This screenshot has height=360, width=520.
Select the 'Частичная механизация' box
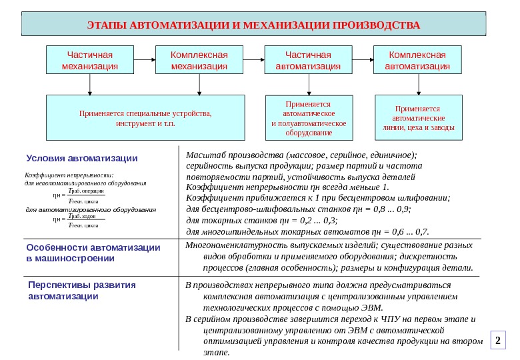coord(89,60)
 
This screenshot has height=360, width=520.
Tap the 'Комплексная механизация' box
coord(199,60)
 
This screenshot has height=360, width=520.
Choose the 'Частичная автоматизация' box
coord(308,60)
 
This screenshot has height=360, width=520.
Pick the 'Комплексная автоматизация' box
coord(417,60)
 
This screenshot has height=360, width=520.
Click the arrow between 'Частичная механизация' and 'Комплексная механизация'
coord(143,60)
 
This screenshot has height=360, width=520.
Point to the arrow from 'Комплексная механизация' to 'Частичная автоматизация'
coord(254,60)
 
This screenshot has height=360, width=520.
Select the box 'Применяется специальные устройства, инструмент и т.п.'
coord(145,119)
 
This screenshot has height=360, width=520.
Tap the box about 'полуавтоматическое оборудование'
coord(309,119)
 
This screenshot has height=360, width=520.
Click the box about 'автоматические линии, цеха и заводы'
coord(419,119)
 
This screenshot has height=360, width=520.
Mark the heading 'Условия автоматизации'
coord(82,159)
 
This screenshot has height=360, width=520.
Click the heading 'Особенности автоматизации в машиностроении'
coord(93,253)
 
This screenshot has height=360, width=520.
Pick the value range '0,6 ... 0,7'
coord(411,232)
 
